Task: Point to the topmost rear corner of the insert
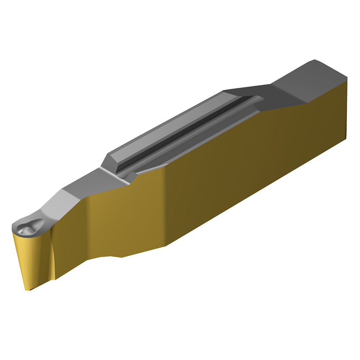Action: [315, 60]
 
